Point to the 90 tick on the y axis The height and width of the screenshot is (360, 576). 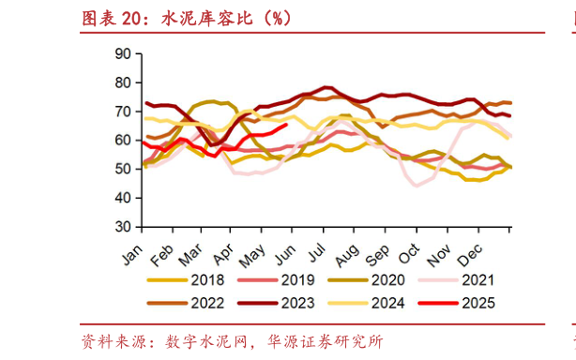[x=121, y=53]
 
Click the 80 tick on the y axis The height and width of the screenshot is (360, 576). [x=121, y=82]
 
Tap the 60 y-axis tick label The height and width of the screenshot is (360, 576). [x=121, y=140]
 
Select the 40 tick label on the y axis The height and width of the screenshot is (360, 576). [x=121, y=198]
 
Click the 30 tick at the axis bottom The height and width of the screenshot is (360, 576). [x=121, y=227]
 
